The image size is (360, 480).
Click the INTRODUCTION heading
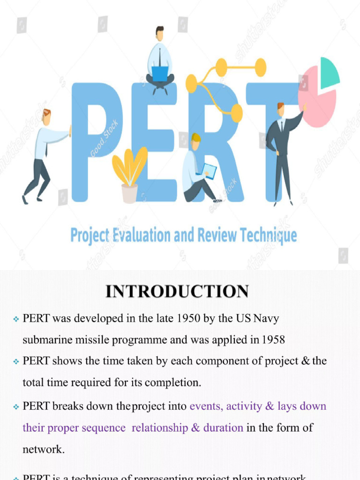[x=177, y=291]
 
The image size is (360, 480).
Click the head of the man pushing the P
[x=46, y=116]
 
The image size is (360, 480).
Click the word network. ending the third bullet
[x=44, y=449]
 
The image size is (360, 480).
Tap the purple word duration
[x=223, y=427]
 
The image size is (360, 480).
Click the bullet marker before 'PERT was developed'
[x=16, y=319]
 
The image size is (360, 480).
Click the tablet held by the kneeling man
[x=209, y=171]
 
